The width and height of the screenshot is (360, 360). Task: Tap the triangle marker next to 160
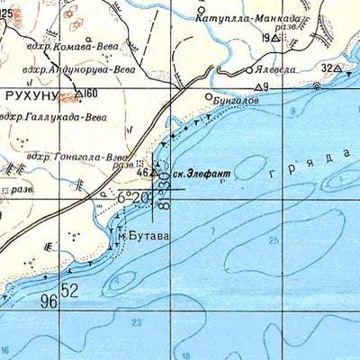79,93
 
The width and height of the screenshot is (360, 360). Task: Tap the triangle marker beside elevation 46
155,171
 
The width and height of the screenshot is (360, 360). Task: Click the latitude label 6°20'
134,197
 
